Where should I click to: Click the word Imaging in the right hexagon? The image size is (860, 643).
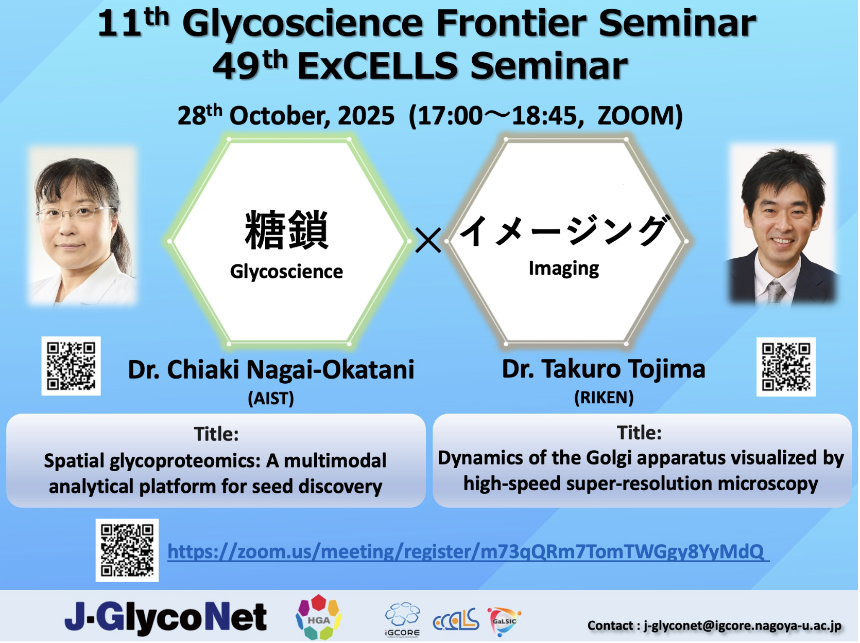tap(564, 269)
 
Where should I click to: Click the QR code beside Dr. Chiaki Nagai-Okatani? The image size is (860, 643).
tap(71, 366)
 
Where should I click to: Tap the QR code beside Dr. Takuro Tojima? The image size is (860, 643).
tap(786, 367)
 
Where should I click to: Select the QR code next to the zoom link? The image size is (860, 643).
tap(127, 550)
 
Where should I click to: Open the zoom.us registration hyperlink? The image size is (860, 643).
tap(468, 552)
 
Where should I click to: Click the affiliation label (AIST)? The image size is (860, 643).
tap(271, 398)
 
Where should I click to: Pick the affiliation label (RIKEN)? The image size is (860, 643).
tap(604, 398)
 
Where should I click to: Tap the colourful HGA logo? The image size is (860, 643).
tap(318, 617)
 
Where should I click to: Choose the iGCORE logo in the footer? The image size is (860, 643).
tap(402, 620)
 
